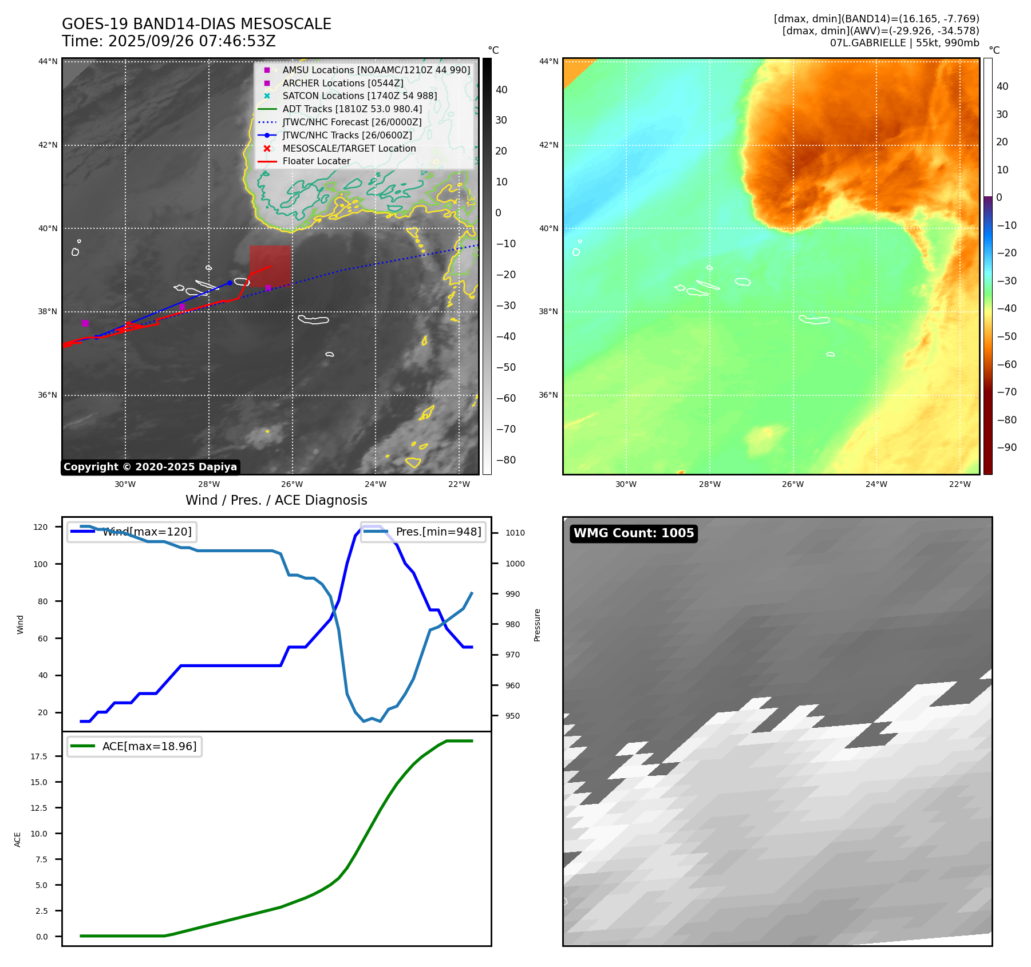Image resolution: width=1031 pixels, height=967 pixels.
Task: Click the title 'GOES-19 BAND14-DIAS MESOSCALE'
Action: click(196, 24)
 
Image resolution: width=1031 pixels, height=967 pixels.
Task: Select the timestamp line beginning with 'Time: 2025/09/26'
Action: click(169, 41)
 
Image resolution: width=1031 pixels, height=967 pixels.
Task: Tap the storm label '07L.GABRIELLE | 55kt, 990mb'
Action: click(904, 43)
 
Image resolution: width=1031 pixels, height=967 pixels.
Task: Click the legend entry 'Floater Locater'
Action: click(316, 161)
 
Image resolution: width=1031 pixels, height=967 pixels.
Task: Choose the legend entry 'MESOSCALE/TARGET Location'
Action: click(349, 148)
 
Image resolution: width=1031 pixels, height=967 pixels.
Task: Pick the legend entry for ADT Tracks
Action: click(352, 109)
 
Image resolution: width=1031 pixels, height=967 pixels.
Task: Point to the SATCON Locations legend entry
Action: click(359, 96)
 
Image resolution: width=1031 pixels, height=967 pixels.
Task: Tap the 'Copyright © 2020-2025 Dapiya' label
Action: click(150, 467)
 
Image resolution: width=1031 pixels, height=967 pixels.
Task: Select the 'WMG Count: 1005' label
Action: click(634, 533)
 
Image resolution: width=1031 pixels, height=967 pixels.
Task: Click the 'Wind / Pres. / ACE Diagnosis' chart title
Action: click(276, 500)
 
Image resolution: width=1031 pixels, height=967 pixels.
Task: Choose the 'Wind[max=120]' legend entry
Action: click(147, 532)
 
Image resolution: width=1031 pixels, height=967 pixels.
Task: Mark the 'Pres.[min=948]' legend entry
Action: click(439, 532)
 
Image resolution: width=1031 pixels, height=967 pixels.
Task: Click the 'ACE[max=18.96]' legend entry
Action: click(149, 746)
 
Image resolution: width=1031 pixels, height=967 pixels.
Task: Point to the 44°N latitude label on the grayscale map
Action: click(48, 61)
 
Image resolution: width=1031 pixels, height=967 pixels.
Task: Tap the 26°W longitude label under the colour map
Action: click(793, 484)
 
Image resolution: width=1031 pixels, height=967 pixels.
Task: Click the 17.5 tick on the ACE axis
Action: click(39, 756)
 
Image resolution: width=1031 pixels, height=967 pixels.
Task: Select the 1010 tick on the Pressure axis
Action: click(515, 533)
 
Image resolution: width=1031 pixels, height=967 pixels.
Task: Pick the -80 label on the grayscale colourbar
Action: click(505, 460)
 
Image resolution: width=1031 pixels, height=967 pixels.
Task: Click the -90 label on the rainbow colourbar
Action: click(1006, 447)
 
